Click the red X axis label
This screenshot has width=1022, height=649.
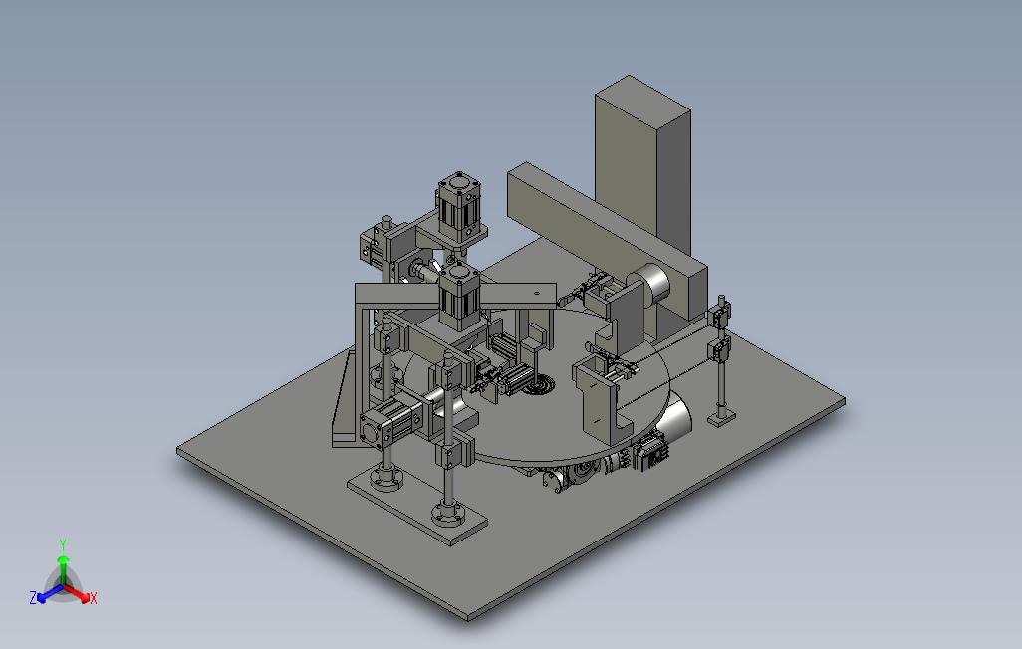tap(94, 598)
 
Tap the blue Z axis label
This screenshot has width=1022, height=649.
tap(32, 597)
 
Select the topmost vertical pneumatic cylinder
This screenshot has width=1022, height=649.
tap(459, 207)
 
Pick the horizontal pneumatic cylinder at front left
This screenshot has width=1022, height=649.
tap(391, 421)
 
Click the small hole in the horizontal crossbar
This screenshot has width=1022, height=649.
tap(537, 294)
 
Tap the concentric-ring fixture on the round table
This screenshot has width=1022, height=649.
tap(540, 387)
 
